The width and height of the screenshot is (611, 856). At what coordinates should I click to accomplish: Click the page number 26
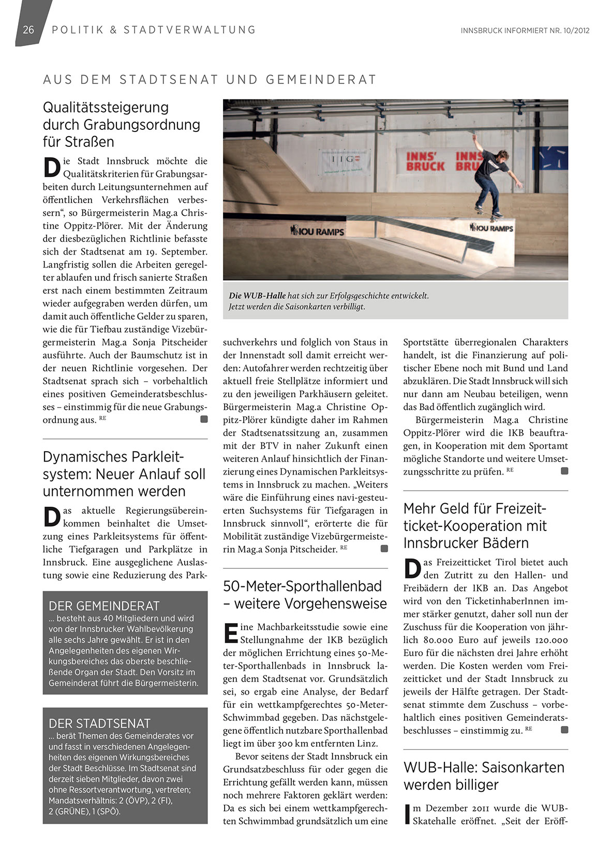click(x=28, y=29)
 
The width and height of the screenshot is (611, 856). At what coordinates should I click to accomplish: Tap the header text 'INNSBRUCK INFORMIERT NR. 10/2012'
click(x=525, y=31)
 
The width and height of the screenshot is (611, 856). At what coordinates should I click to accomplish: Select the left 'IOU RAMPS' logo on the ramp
click(x=317, y=231)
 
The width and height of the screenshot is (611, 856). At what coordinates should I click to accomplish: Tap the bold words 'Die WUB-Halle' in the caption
click(x=257, y=296)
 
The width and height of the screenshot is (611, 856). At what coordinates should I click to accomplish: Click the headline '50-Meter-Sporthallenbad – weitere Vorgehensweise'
click(x=305, y=595)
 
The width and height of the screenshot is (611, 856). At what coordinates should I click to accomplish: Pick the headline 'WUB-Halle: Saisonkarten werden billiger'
click(x=484, y=776)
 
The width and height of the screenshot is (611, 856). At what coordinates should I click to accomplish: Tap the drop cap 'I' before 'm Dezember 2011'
click(x=407, y=814)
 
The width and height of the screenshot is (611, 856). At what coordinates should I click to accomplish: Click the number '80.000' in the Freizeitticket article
click(x=441, y=640)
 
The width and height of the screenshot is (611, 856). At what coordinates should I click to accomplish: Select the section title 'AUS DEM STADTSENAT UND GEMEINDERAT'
click(x=210, y=80)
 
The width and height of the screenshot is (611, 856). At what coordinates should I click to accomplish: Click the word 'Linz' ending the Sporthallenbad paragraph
click(x=367, y=743)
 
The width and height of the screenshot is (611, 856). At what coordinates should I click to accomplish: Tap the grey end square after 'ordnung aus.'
click(x=204, y=419)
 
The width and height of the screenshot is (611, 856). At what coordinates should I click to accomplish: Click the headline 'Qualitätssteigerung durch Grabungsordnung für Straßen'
click(x=122, y=124)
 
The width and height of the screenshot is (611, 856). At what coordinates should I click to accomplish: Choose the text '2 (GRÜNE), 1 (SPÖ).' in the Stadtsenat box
click(x=84, y=811)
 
